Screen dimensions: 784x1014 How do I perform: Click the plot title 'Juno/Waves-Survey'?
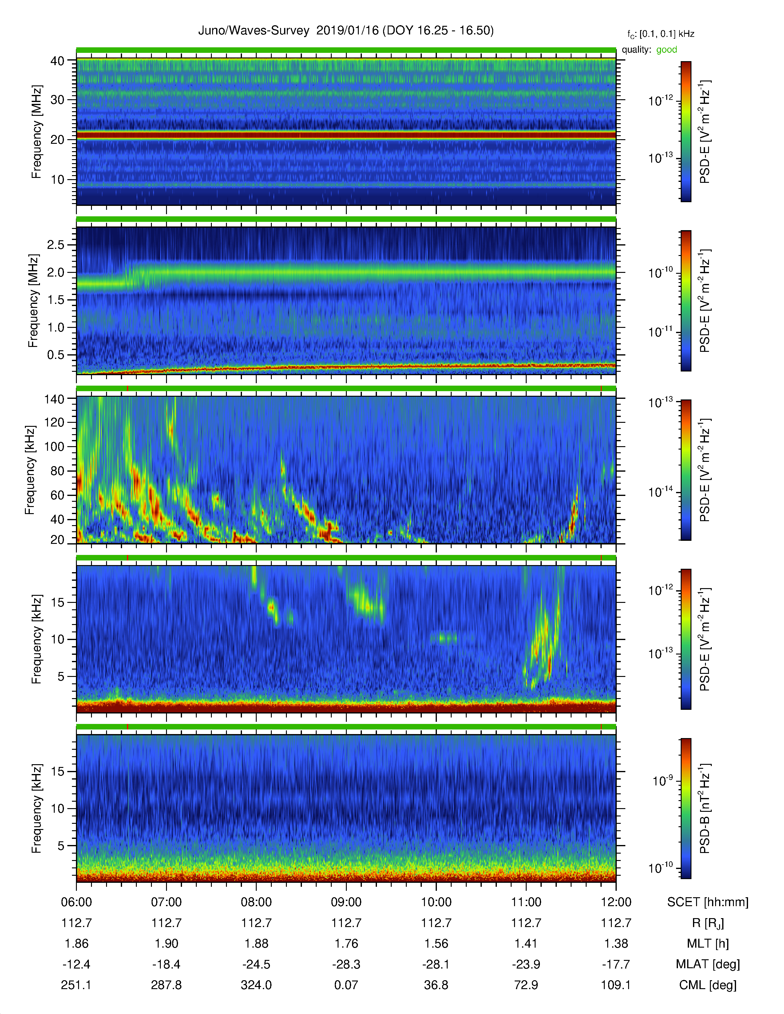coord(254,31)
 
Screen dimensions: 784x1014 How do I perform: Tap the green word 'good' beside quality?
coord(667,50)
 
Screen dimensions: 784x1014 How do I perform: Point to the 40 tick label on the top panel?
coord(57,61)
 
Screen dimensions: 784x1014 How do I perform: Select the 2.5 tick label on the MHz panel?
coord(56,245)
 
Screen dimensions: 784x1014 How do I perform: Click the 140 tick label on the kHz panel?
coord(54,399)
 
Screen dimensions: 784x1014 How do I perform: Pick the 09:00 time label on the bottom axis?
coord(346,902)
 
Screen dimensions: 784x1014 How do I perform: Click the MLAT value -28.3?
coord(346,964)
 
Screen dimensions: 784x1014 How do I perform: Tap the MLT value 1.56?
coord(436,943)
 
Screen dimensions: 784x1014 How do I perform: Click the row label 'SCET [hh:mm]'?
coord(708,902)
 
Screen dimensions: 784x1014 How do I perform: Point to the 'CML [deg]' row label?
coord(708,985)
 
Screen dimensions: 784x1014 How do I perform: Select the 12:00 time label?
coord(616,902)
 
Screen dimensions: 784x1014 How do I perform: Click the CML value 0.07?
coord(346,985)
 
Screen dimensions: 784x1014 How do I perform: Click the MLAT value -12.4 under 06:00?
coord(76,964)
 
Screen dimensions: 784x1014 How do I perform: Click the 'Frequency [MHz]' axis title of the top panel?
coord(36,132)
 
